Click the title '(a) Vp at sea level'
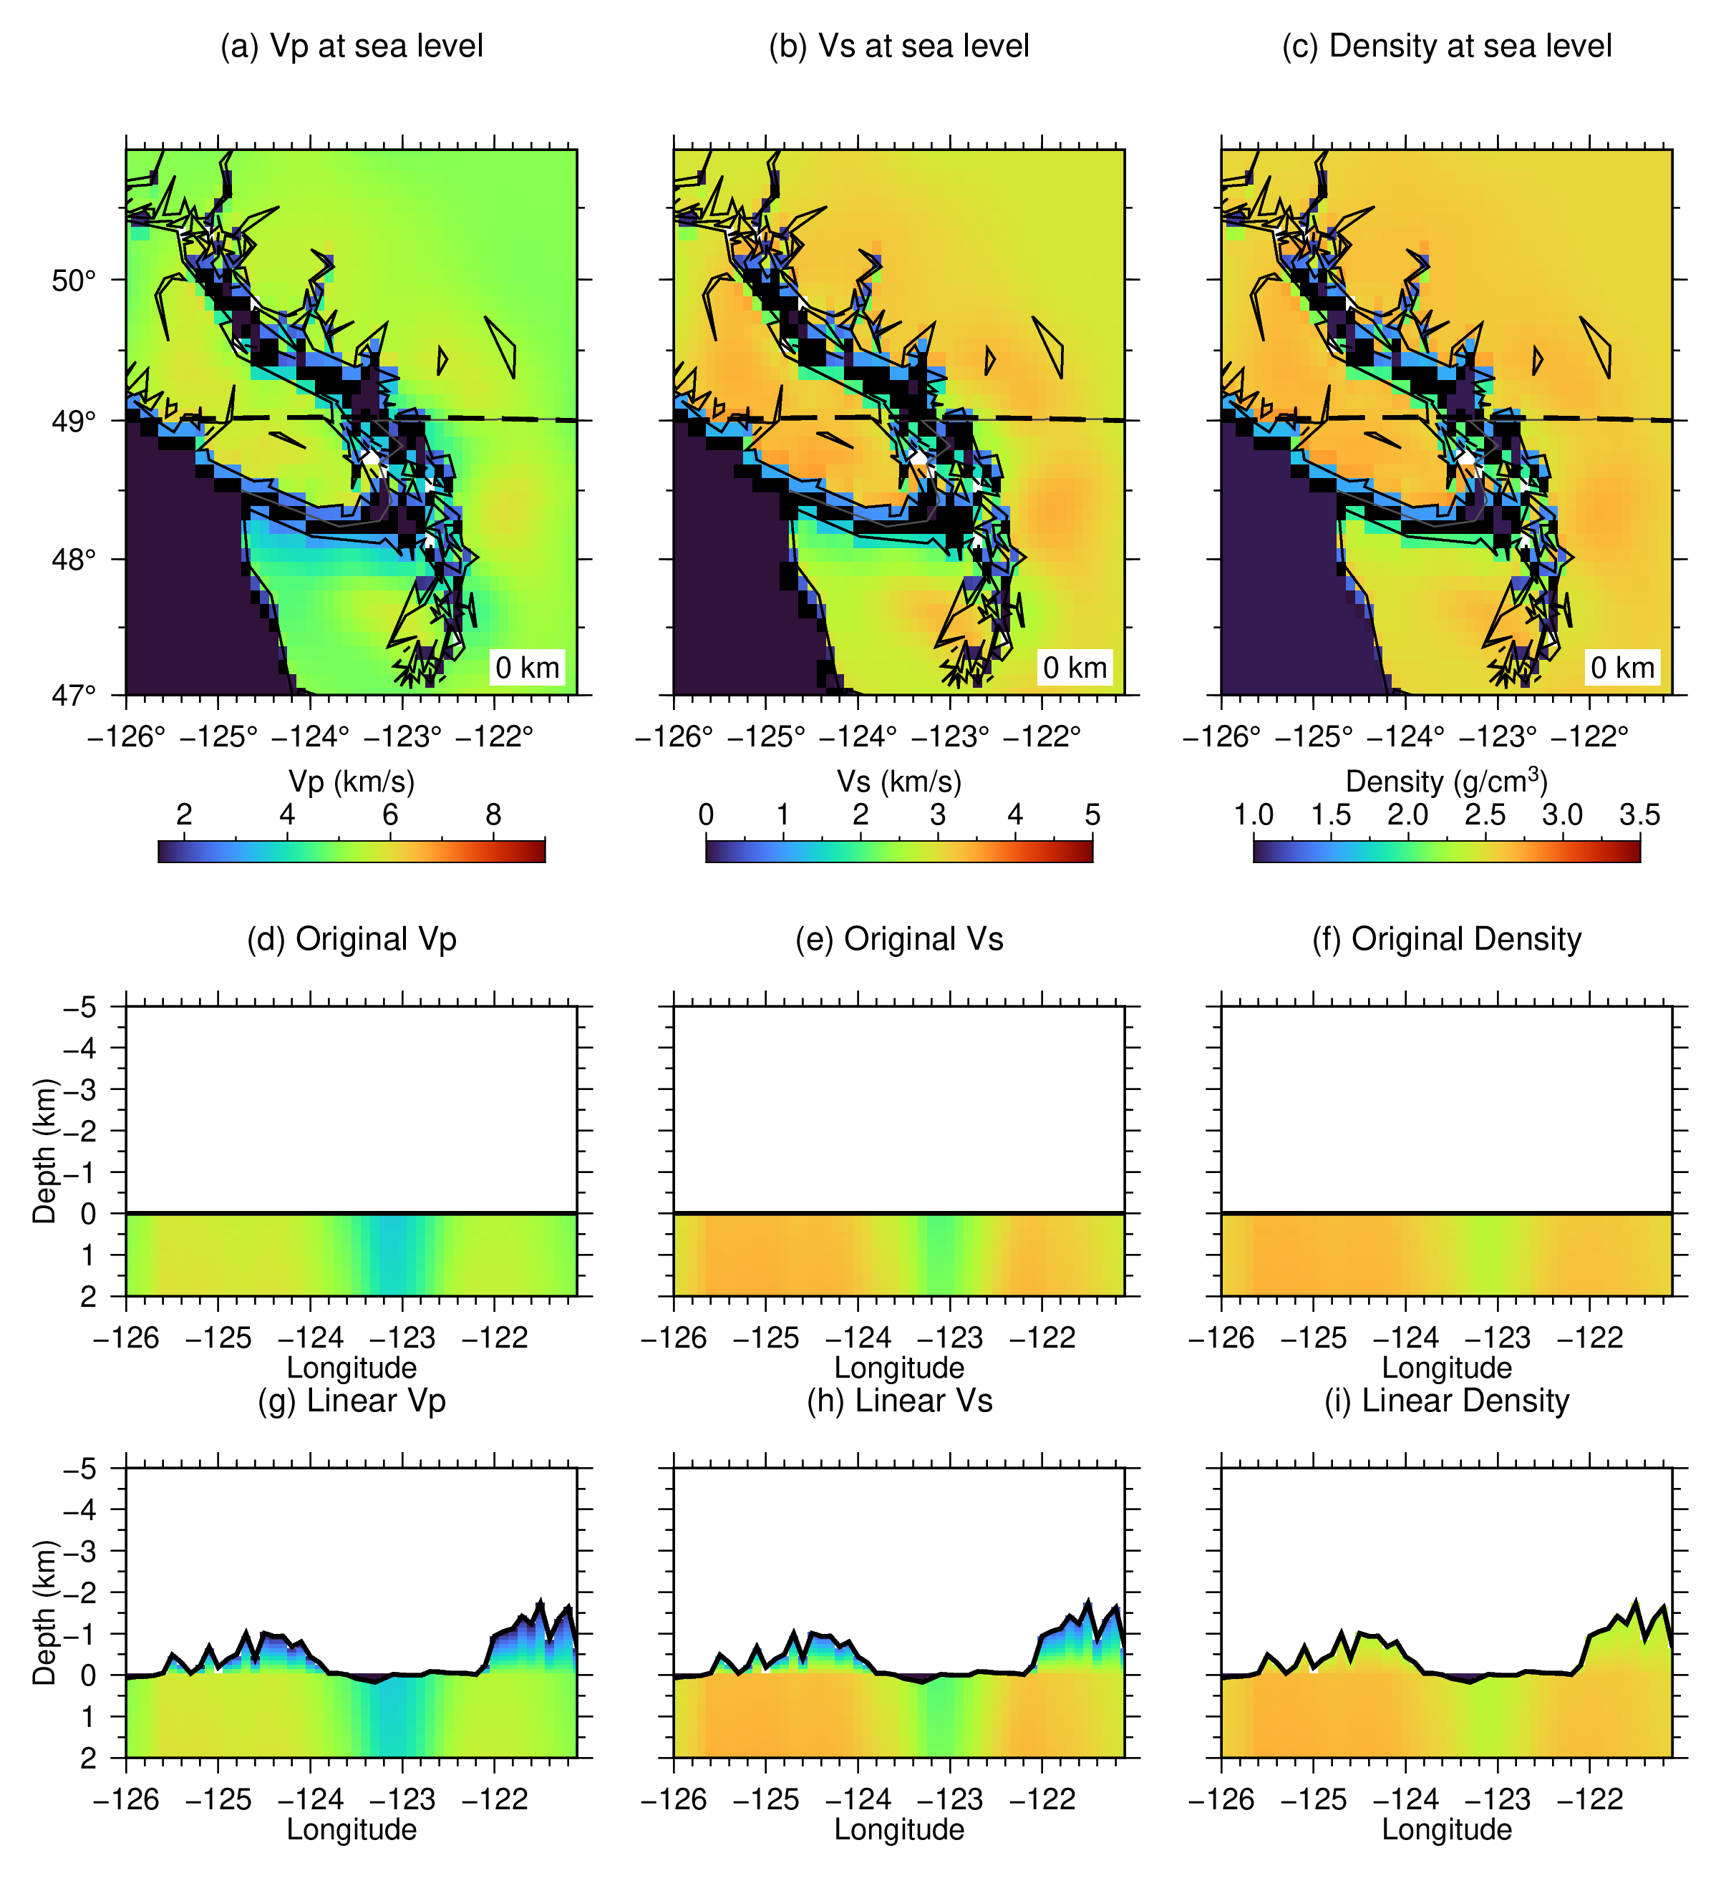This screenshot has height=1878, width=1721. (x=352, y=46)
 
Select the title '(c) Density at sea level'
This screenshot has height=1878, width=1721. (x=1446, y=46)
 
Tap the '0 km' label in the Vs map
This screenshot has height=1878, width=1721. (x=1075, y=667)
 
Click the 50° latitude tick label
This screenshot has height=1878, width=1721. (x=74, y=281)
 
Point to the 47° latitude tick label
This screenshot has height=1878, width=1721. (x=74, y=695)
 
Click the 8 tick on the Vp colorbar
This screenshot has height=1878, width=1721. (x=493, y=814)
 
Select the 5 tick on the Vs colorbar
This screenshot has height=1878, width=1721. (x=1092, y=814)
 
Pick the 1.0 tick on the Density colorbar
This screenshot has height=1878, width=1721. (x=1254, y=814)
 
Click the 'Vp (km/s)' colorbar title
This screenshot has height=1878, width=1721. (x=352, y=781)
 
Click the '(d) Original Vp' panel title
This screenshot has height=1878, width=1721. (x=352, y=938)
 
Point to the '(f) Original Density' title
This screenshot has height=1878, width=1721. (x=1446, y=938)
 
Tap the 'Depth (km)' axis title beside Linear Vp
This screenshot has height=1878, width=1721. (x=44, y=1612)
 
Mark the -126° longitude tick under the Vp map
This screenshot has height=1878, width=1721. (x=127, y=737)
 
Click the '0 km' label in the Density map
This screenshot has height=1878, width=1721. (x=1622, y=667)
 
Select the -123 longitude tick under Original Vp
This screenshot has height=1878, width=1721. (x=402, y=1338)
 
